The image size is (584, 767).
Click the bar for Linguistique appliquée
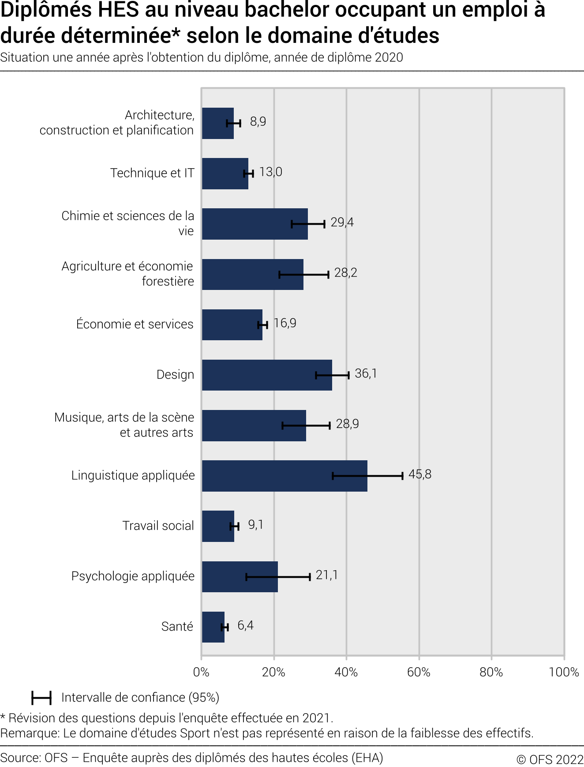coord(285,476)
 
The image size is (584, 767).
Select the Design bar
coord(267,375)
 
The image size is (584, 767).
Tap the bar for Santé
coord(213,627)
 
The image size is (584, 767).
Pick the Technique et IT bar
coord(225,173)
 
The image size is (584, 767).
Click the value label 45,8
coord(420,474)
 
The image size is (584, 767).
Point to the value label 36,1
coord(366,374)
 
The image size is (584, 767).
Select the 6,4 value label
coord(245,626)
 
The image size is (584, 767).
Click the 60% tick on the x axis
coord(419,672)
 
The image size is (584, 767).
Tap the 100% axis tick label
coord(564,672)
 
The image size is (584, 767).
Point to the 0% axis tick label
coord(201,672)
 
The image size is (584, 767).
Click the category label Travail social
coord(158,526)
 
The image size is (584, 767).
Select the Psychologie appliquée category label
coord(133,576)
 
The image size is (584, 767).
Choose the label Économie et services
coord(135,324)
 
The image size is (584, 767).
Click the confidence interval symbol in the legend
coord(41,698)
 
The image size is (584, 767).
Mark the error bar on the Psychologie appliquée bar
coord(278,576)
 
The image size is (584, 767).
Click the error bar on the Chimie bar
coord(308,224)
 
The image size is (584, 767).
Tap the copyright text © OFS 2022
coord(550,759)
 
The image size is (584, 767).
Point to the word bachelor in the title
coord(287,10)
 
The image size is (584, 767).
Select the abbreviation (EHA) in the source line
coord(367,758)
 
